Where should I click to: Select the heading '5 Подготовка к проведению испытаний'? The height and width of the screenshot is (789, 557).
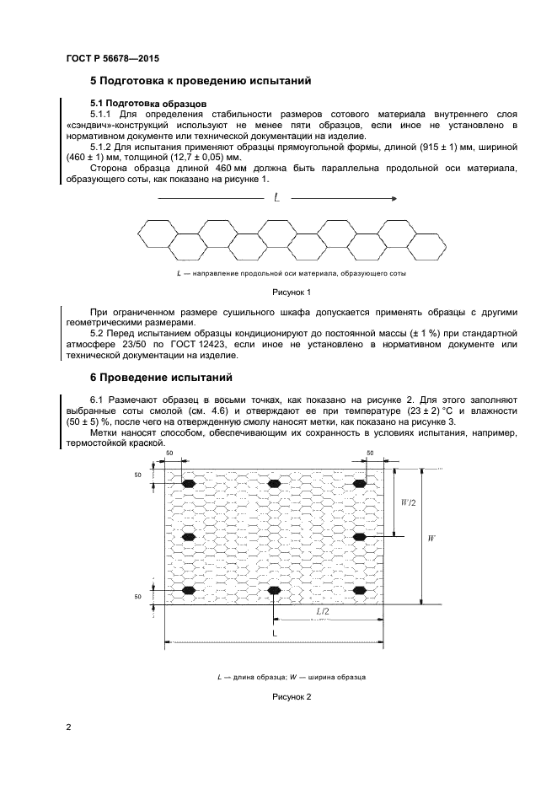[x=201, y=82]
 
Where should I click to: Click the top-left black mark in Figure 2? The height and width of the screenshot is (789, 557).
[x=188, y=483]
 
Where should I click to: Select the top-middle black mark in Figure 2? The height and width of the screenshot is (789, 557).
[x=274, y=483]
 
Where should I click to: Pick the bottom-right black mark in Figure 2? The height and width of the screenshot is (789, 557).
[x=360, y=589]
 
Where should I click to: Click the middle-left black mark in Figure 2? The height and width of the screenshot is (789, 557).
[x=188, y=536]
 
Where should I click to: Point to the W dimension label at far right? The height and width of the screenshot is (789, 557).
[x=431, y=536]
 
